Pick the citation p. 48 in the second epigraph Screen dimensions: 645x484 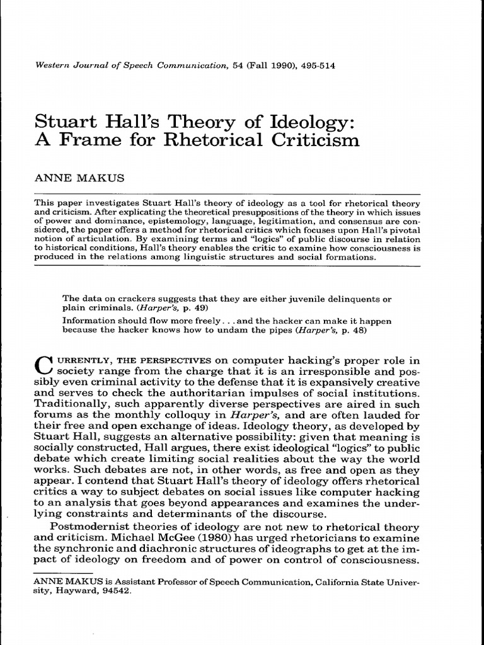(355, 329)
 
